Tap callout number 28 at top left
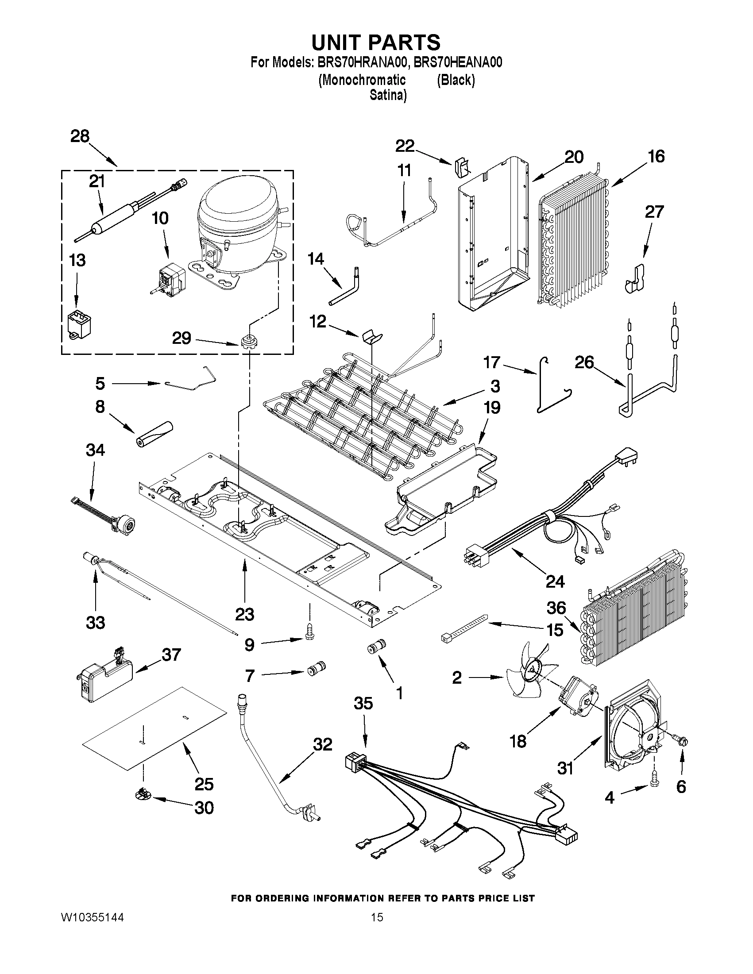[80, 136]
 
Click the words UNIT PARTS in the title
[375, 42]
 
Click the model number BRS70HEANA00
[458, 62]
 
